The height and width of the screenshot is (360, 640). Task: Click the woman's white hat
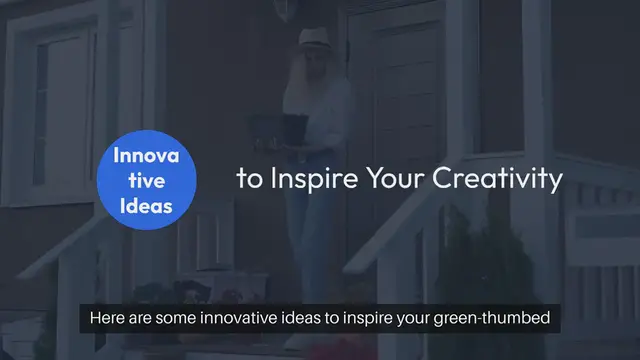pyautogui.click(x=317, y=37)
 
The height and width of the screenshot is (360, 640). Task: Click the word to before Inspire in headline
pyautogui.click(x=246, y=180)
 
